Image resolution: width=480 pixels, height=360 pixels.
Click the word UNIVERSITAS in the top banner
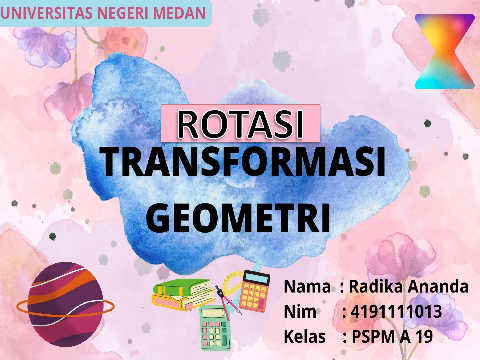tap(47, 13)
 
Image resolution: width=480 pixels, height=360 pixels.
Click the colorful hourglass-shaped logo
tap(445, 51)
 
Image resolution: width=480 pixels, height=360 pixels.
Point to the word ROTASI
tap(240, 125)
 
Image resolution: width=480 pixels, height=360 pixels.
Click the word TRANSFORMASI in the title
tap(244, 162)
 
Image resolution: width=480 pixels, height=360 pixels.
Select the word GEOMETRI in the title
tap(238, 218)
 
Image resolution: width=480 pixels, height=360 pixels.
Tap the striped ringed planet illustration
tap(65, 304)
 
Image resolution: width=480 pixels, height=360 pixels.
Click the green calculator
tap(215, 328)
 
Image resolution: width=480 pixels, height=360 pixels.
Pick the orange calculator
tap(254, 291)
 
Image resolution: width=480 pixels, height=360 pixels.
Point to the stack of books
tap(183, 294)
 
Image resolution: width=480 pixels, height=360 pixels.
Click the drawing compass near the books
tap(227, 302)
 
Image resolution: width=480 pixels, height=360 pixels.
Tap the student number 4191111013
tap(396, 312)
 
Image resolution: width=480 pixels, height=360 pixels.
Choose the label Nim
tap(300, 312)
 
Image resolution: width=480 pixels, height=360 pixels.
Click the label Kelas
tap(305, 337)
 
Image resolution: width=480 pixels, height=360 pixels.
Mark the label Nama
tap(307, 286)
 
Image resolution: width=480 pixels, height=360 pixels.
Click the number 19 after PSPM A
tap(424, 337)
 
